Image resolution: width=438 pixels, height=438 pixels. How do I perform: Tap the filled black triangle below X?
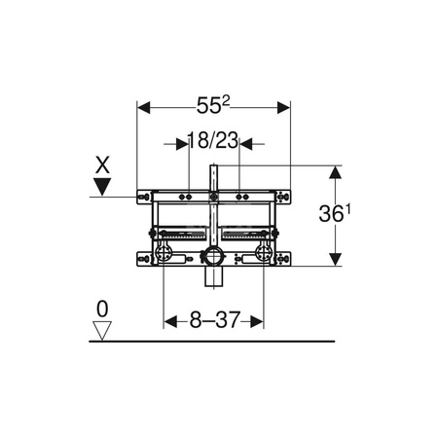[x=101, y=185]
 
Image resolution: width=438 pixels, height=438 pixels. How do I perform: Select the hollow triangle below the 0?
[x=101, y=329]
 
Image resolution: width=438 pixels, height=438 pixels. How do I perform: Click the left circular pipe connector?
[x=165, y=257]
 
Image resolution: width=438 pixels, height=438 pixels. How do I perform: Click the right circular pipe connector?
[x=261, y=257]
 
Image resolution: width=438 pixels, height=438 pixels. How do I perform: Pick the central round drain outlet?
[x=213, y=258]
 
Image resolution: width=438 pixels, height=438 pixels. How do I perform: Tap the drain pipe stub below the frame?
[x=213, y=278]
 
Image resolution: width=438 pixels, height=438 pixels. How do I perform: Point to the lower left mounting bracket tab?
[x=144, y=258]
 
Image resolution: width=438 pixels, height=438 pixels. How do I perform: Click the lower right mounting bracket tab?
[x=283, y=258]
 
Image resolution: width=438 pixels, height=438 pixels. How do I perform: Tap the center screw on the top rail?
[x=213, y=197]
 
